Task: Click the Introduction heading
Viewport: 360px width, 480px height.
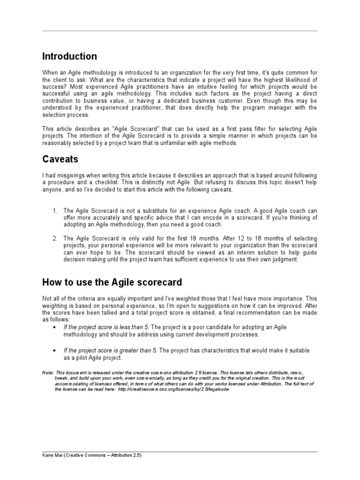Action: [x=69, y=57]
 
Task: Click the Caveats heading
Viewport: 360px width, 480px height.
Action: [x=61, y=159]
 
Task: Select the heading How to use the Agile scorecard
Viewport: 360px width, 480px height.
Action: [x=112, y=282]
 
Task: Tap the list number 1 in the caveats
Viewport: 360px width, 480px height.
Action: [x=55, y=211]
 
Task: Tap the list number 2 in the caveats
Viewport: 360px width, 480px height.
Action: [x=55, y=239]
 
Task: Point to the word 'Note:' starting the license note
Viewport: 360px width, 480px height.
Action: [x=48, y=372]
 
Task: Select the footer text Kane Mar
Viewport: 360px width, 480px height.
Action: [x=52, y=455]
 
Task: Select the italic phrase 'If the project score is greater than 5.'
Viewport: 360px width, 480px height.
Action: [x=110, y=350]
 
